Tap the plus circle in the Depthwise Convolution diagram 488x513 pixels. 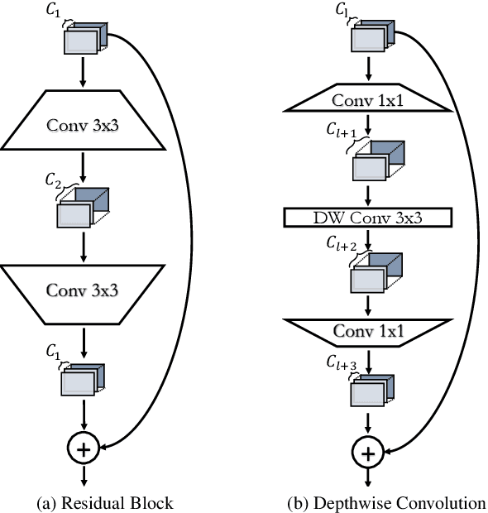click(x=369, y=453)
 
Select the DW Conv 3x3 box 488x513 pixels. click(x=368, y=218)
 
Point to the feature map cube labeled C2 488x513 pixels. click(x=82, y=208)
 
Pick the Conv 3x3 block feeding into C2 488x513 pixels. click(x=83, y=128)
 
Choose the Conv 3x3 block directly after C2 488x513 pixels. click(x=83, y=290)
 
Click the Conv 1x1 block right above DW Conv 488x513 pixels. click(x=368, y=101)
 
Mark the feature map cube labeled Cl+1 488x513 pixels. click(x=376, y=162)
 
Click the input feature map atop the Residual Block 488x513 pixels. click(x=83, y=38)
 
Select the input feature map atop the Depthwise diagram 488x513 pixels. click(x=372, y=38)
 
